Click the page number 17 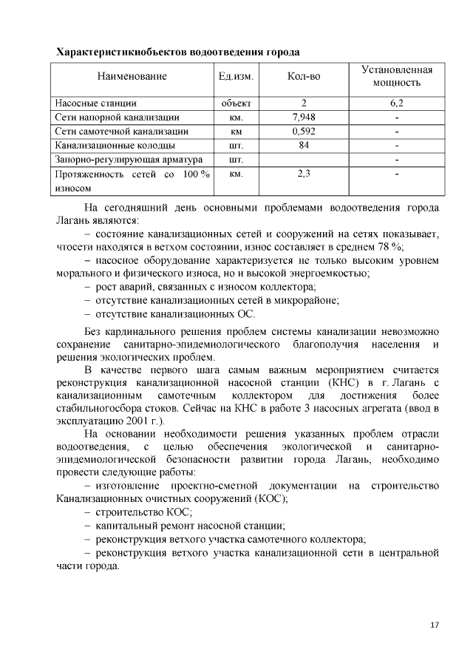(435, 625)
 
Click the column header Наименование (132, 76)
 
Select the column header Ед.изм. (236, 76)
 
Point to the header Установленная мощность (396, 76)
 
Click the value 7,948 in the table (304, 117)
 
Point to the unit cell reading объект (236, 103)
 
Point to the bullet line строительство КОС (143, 512)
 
